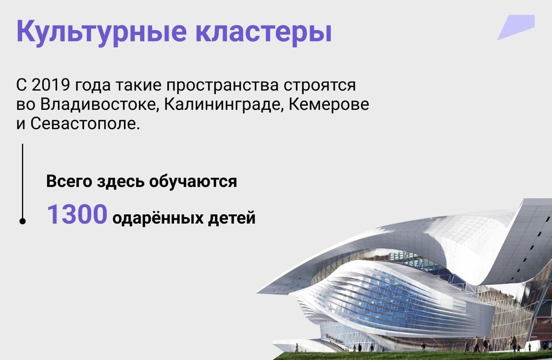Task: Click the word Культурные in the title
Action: pyautogui.click(x=101, y=32)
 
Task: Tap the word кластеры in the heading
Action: pyautogui.click(x=263, y=32)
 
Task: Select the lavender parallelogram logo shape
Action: pyautogui.click(x=516, y=27)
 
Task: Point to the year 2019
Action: pyautogui.click(x=51, y=85)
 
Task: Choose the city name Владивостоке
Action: pyautogui.click(x=99, y=104)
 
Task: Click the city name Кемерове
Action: pyautogui.click(x=329, y=104)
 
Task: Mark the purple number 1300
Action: pyautogui.click(x=77, y=214)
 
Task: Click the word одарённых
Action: pyautogui.click(x=158, y=218)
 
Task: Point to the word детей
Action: pyautogui.click(x=232, y=219)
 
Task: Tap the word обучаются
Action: pyautogui.click(x=193, y=182)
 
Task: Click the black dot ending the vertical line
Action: pyautogui.click(x=22, y=221)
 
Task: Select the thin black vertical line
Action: pyautogui.click(x=22, y=182)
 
